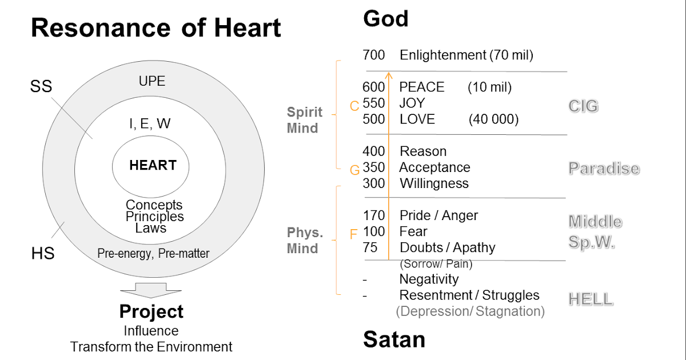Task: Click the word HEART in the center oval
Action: (153, 166)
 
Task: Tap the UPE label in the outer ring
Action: (152, 81)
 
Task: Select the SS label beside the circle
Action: (41, 87)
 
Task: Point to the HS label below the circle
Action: (42, 253)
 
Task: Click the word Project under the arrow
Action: (151, 311)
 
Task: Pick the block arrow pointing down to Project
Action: (151, 290)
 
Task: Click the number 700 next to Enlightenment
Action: (373, 55)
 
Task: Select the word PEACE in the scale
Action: (421, 87)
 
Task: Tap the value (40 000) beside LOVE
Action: (493, 119)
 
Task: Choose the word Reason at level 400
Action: (423, 151)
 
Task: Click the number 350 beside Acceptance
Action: (373, 167)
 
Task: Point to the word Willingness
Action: (434, 183)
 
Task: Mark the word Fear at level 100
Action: (413, 231)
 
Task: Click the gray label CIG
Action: (583, 106)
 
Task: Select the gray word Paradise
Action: (604, 169)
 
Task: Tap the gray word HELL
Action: (591, 299)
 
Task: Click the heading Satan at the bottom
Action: (394, 339)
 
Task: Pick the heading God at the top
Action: (385, 19)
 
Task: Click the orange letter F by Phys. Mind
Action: (353, 234)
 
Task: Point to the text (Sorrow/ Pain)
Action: (437, 264)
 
